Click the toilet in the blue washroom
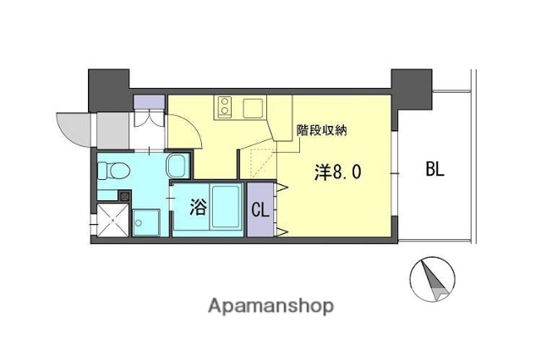[x=113, y=172]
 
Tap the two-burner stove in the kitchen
[x=227, y=106]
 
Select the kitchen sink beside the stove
[x=253, y=107]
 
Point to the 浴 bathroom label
[x=196, y=206]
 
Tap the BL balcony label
[x=435, y=170]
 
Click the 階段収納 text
[x=321, y=131]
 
